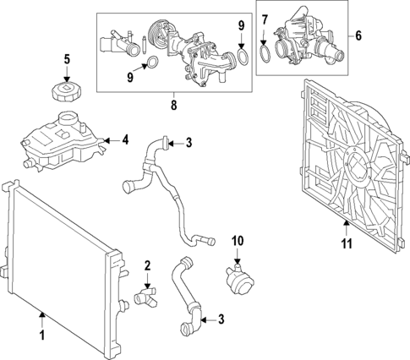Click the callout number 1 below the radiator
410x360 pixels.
[x=42, y=335]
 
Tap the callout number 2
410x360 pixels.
[x=148, y=265]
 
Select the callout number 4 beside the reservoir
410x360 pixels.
[x=125, y=139]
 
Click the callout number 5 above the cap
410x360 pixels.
[x=67, y=59]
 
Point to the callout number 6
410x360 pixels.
[x=358, y=35]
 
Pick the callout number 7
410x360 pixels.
[x=265, y=19]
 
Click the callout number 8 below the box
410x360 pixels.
[x=174, y=105]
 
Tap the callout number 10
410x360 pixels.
[x=238, y=241]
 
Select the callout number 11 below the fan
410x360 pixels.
[x=347, y=243]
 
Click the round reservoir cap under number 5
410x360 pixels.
[x=67, y=91]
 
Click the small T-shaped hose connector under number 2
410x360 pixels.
[x=145, y=298]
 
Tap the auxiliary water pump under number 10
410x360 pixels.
[x=239, y=278]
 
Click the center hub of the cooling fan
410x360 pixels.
[x=358, y=163]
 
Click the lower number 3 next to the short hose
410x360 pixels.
[x=221, y=319]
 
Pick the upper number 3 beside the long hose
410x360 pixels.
[x=189, y=143]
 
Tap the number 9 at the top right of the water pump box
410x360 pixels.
[x=241, y=25]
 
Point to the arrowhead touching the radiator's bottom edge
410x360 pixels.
[x=42, y=314]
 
